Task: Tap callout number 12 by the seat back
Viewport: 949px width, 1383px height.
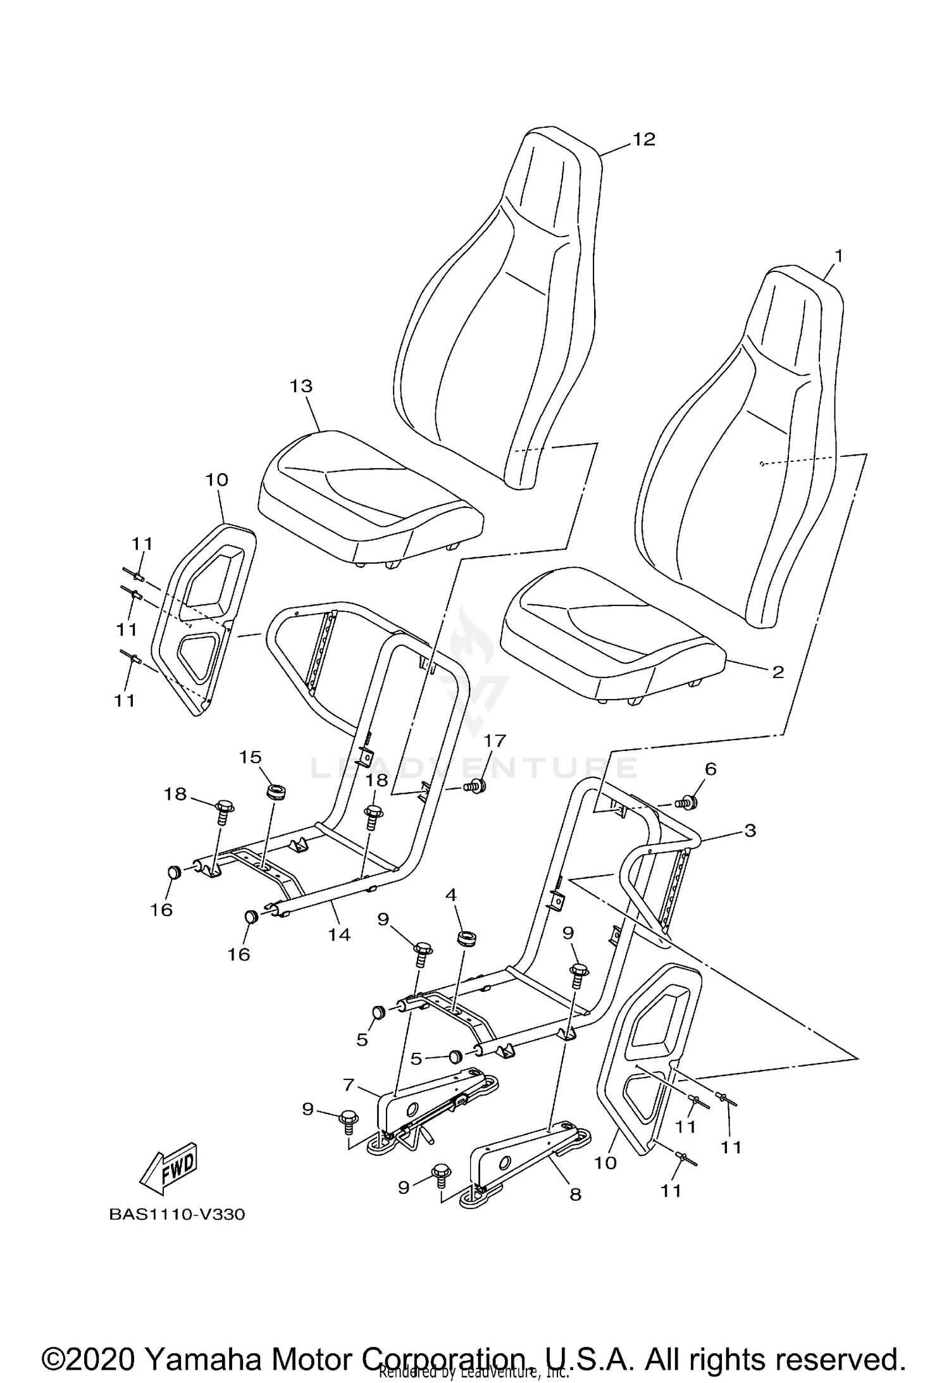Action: tap(643, 139)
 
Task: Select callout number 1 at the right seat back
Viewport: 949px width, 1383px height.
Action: tap(838, 256)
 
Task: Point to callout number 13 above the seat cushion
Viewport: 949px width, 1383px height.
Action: tap(301, 386)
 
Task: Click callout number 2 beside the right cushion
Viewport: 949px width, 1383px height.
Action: tap(778, 672)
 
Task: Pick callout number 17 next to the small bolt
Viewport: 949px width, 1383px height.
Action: tap(495, 740)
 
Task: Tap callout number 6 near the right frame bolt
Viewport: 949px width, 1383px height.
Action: tap(710, 769)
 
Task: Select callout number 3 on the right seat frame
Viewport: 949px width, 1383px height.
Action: tap(750, 830)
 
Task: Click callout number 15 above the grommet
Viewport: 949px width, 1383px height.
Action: tap(251, 757)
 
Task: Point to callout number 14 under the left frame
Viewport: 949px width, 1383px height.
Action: tap(339, 934)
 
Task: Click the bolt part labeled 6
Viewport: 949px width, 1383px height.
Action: tap(687, 803)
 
